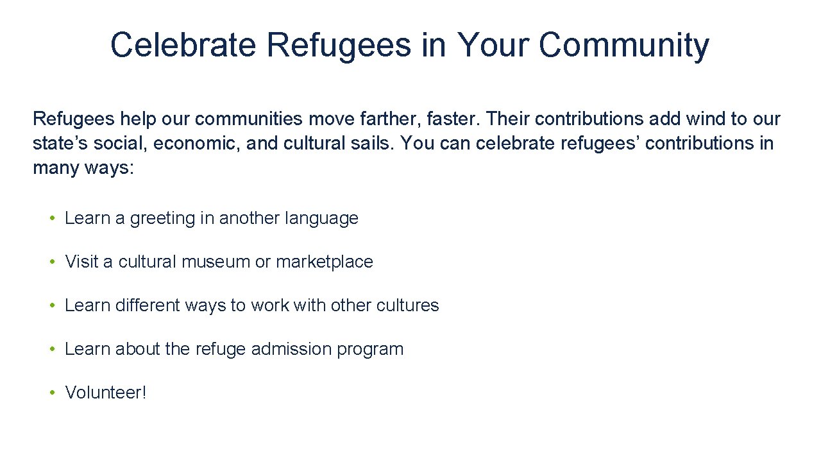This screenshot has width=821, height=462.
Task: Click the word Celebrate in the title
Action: point(183,45)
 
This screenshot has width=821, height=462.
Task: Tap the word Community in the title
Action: point(623,45)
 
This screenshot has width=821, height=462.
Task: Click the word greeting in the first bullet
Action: point(163,219)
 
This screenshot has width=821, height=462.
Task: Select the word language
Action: point(321,218)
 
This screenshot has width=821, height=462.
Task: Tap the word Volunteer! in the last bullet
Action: point(106,393)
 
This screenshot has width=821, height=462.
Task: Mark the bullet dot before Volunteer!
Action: point(52,393)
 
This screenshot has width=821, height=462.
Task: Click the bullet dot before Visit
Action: point(52,262)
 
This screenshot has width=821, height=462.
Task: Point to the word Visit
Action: point(80,262)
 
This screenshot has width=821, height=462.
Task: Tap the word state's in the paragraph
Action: point(56,142)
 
